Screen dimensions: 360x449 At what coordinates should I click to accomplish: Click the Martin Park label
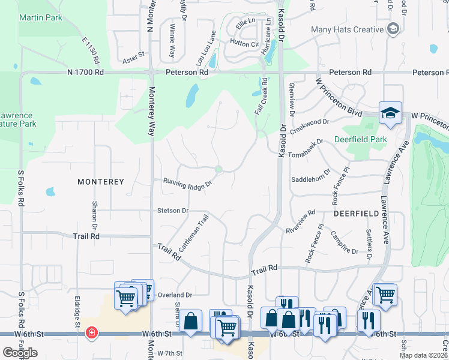point(41,17)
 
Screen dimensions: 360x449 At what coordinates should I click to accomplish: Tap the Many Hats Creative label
point(347,29)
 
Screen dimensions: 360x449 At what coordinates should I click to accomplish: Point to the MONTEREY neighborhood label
point(100,181)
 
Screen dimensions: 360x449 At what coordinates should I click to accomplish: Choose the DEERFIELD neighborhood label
point(356,213)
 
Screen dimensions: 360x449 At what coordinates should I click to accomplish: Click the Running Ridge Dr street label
point(188,182)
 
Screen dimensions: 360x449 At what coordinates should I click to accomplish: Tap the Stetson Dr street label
point(173,211)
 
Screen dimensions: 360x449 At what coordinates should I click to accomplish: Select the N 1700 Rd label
point(85,72)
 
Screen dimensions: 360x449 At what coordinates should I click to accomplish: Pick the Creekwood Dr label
point(310,126)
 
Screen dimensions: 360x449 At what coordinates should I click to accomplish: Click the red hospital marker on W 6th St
point(91,332)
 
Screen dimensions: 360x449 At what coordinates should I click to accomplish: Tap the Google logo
point(20,353)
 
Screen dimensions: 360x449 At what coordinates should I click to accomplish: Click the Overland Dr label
point(175,295)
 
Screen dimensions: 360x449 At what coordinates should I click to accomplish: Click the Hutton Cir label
point(244,43)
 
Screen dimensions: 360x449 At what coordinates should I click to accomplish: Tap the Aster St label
point(134,54)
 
